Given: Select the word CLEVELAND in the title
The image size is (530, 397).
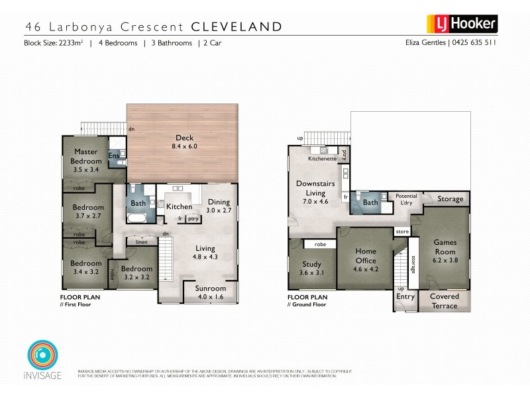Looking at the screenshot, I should [x=237, y=27].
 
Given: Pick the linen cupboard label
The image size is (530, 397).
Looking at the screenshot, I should [x=141, y=242].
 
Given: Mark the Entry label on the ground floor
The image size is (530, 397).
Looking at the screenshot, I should [x=405, y=297].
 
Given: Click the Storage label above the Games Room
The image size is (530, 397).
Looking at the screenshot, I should [x=450, y=199].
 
